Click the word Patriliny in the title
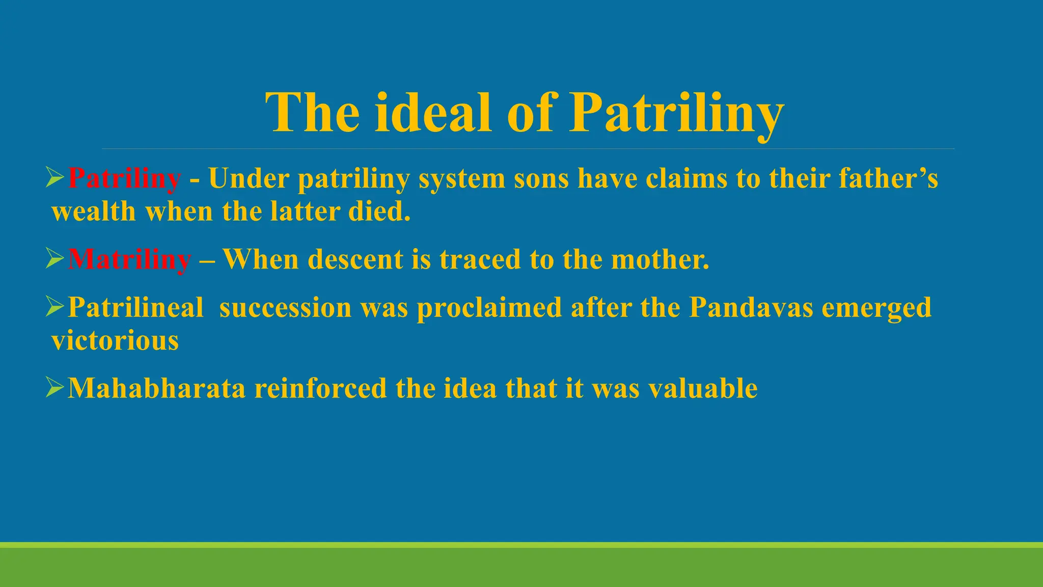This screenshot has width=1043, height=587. [676, 113]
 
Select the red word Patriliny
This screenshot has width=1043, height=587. [124, 178]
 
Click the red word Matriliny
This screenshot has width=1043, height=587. [129, 259]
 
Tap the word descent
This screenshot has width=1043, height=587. [355, 259]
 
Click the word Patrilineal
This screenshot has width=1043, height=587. [135, 308]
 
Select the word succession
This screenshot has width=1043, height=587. [285, 308]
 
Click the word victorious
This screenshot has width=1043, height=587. [115, 340]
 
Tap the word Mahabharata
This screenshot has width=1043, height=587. [156, 388]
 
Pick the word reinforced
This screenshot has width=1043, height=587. [320, 388]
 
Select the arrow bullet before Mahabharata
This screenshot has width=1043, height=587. [54, 387]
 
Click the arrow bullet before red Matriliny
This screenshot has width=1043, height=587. [54, 258]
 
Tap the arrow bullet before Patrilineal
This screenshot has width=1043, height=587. [54, 307]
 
